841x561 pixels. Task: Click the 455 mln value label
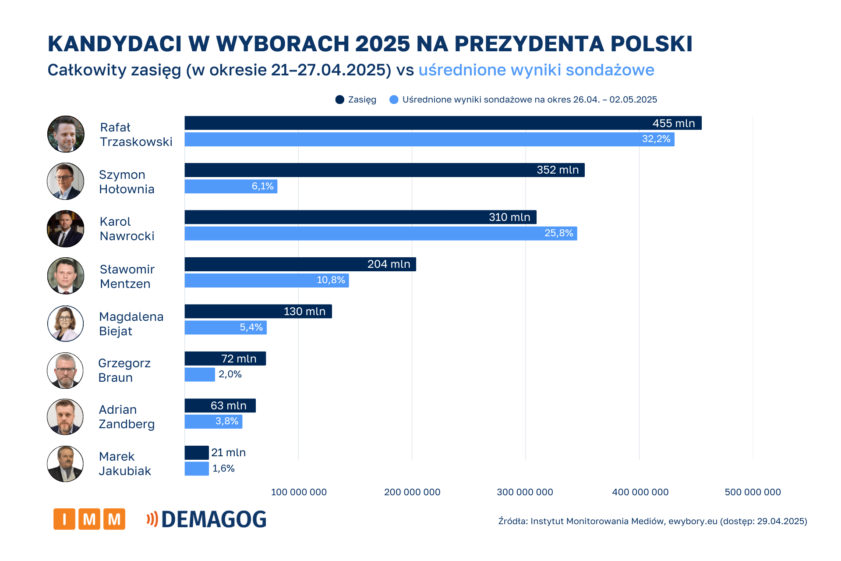coord(673,123)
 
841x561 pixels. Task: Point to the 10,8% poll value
coord(331,280)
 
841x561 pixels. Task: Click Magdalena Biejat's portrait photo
coord(65,323)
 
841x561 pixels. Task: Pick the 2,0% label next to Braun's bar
coord(230,374)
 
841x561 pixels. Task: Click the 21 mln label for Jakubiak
coord(228,452)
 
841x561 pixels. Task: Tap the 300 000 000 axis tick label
coord(525,492)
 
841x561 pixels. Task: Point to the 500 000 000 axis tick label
coord(753,492)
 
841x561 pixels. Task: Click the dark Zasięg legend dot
coord(339,99)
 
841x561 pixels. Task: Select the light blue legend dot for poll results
coord(394,99)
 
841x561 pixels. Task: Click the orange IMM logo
coord(89,519)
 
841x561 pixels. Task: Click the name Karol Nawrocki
coord(127,229)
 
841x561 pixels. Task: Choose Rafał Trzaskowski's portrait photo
coord(66,134)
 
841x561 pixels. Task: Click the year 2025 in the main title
coord(382,44)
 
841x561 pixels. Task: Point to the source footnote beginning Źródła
coord(652,521)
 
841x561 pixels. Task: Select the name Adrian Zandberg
coord(126,417)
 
